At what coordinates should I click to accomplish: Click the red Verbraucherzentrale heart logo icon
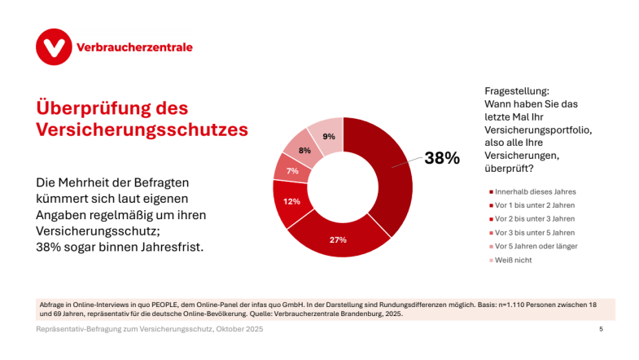tap(54, 47)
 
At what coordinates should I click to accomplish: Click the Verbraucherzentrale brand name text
tap(133, 47)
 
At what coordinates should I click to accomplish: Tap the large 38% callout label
tap(441, 158)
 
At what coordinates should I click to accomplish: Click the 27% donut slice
tap(338, 239)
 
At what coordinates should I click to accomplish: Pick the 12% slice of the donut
tap(291, 200)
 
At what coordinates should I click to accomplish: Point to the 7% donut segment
tap(292, 170)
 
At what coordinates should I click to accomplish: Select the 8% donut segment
tap(304, 150)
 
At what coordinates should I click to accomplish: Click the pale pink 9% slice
tap(328, 136)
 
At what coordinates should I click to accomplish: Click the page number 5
tap(601, 329)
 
